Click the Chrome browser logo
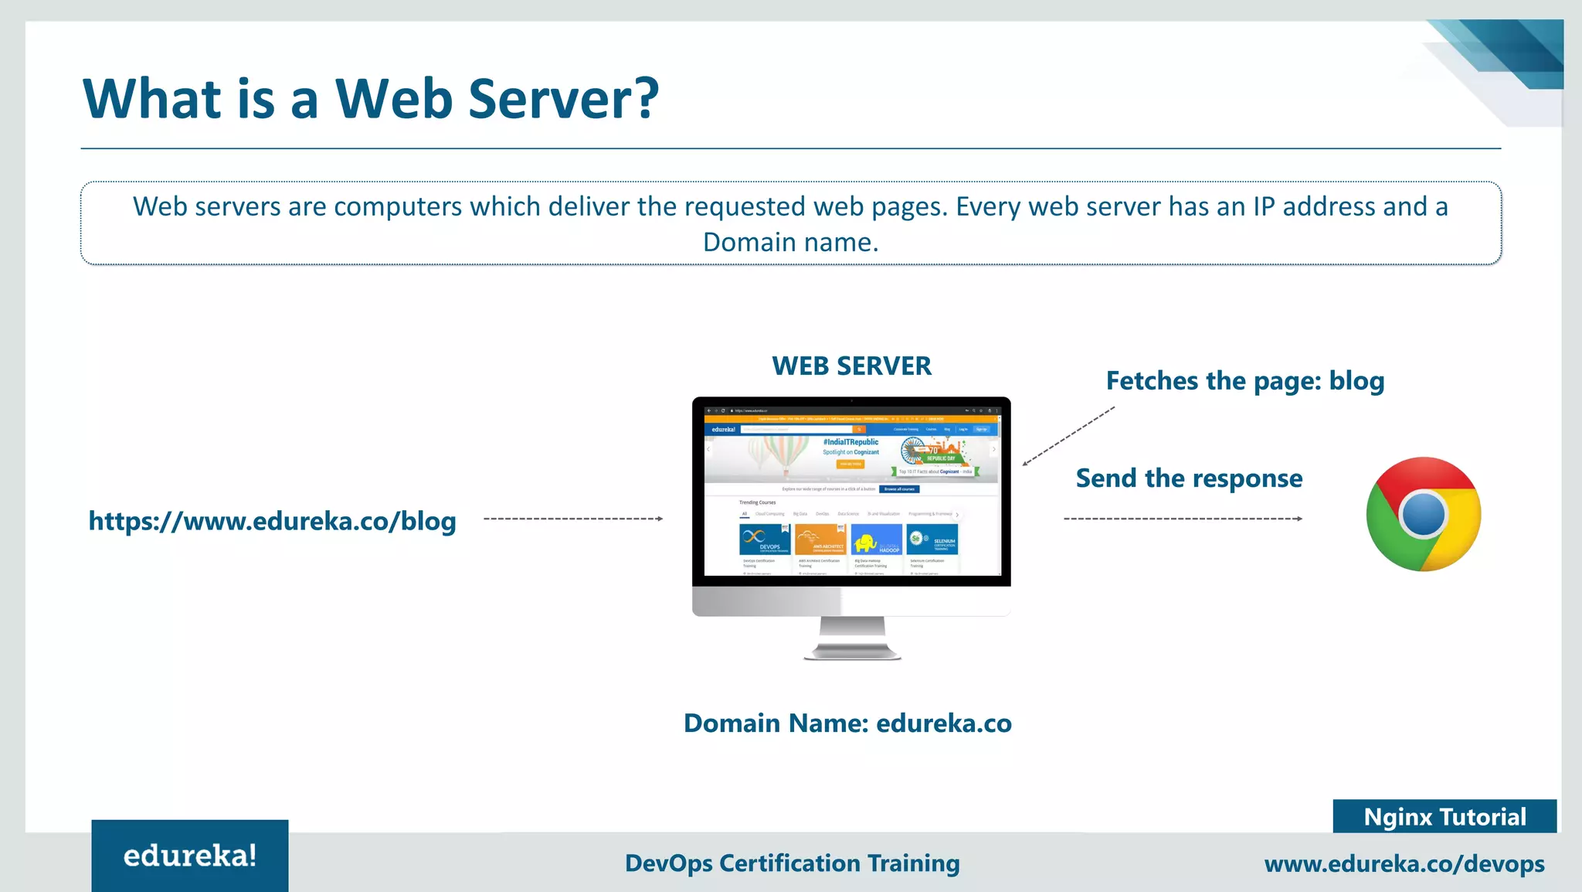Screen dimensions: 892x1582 [x=1423, y=514]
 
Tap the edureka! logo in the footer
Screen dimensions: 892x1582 [x=190, y=856]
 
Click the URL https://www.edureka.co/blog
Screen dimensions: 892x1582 [x=272, y=522]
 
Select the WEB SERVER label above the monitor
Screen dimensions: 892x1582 [x=851, y=366]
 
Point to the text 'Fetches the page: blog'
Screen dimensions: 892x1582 [x=1244, y=381]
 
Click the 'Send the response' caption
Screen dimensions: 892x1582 [x=1189, y=478]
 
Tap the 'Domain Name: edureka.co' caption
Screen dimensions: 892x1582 [x=847, y=723]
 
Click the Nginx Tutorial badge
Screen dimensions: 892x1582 [x=1444, y=817]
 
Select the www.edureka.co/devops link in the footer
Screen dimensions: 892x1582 [x=1404, y=864]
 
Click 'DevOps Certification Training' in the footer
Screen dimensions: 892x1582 [x=792, y=863]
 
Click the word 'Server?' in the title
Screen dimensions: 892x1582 [x=563, y=100]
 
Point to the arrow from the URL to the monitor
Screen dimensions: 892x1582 [x=573, y=519]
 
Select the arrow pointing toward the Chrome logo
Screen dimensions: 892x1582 [x=1183, y=519]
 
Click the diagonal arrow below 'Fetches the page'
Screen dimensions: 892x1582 [x=1068, y=437]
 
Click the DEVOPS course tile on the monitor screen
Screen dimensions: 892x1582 [x=765, y=539]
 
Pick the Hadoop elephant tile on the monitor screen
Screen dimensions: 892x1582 [x=876, y=540]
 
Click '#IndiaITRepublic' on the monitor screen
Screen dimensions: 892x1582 [x=850, y=442]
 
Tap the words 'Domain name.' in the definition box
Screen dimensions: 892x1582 [x=790, y=243]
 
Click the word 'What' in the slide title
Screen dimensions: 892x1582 [x=152, y=100]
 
